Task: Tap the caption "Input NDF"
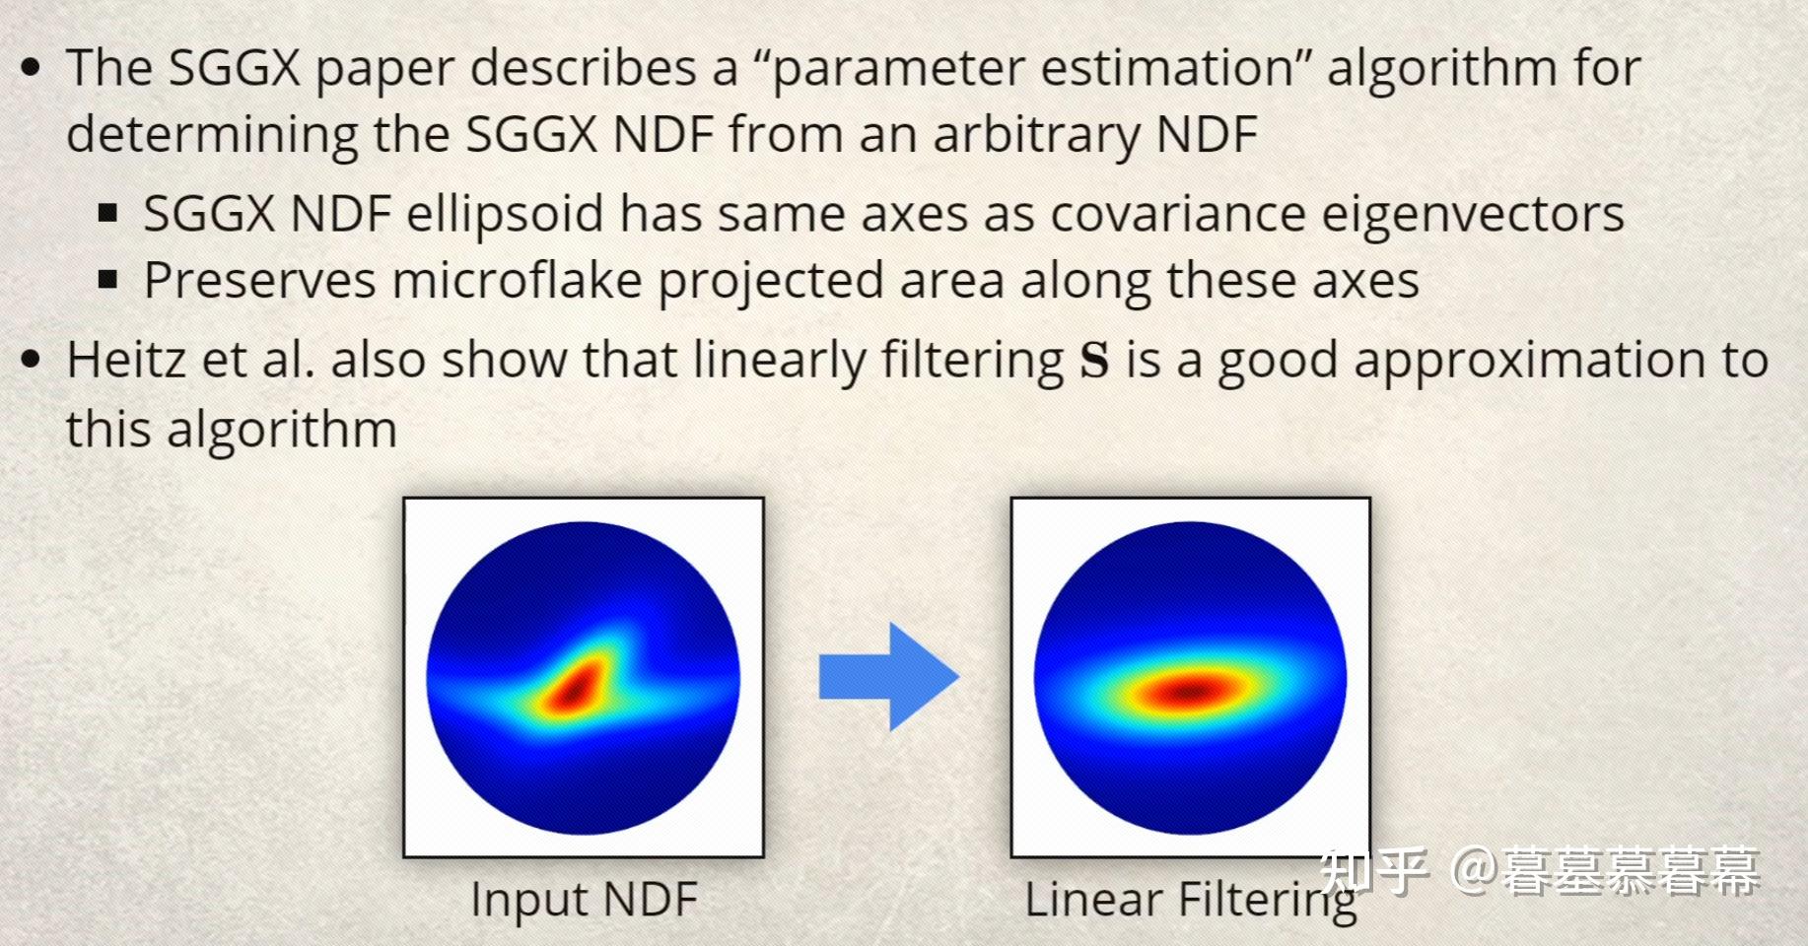pyautogui.click(x=584, y=899)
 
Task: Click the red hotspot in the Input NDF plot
pyautogui.click(x=577, y=688)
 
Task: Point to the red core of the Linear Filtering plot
pyautogui.click(x=1190, y=691)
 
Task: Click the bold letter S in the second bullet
pyautogui.click(x=1094, y=360)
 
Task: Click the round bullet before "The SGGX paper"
pyautogui.click(x=31, y=68)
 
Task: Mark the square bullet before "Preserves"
pyautogui.click(x=108, y=281)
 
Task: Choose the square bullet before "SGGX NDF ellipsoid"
pyautogui.click(x=108, y=213)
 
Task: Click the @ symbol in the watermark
pyautogui.click(x=1473, y=871)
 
